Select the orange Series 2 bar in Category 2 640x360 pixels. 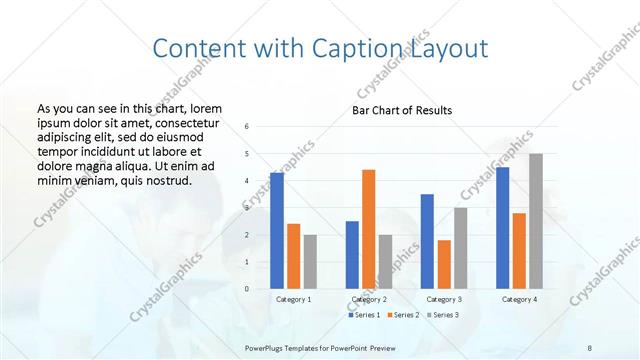pyautogui.click(x=368, y=229)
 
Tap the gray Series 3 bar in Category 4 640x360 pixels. pyautogui.click(x=536, y=221)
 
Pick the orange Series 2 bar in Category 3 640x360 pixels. pyautogui.click(x=444, y=264)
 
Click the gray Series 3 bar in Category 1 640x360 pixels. pyautogui.click(x=310, y=262)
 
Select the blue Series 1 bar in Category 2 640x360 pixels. pyautogui.click(x=352, y=255)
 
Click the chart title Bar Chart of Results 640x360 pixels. pyautogui.click(x=402, y=110)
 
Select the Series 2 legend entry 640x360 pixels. pyautogui.click(x=403, y=316)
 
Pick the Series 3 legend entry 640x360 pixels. pyautogui.click(x=445, y=316)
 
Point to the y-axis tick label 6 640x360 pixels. pyautogui.click(x=247, y=126)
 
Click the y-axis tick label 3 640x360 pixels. pyautogui.click(x=247, y=207)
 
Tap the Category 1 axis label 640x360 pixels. pyautogui.click(x=293, y=299)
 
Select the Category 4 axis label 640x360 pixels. pyautogui.click(x=519, y=299)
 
